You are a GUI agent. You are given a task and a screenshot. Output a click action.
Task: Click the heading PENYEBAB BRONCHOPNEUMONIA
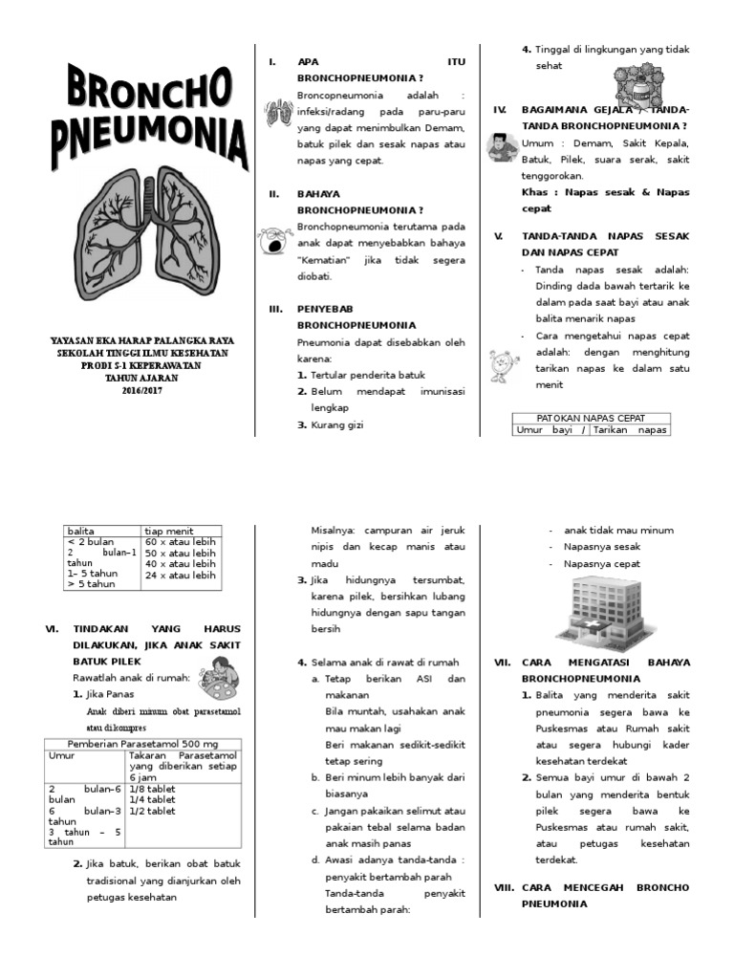click(356, 316)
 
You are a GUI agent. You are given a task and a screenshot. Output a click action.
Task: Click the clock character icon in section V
click(500, 363)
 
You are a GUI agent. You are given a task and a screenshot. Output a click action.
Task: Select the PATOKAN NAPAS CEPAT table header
click(591, 418)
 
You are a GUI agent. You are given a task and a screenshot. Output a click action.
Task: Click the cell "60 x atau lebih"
click(180, 541)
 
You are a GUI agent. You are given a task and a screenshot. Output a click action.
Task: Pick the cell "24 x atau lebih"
click(180, 576)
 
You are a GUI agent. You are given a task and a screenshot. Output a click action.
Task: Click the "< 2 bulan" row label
click(91, 541)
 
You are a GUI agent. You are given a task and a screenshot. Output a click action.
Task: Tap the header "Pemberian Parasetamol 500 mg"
click(142, 743)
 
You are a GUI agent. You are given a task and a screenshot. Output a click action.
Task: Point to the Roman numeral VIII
click(504, 887)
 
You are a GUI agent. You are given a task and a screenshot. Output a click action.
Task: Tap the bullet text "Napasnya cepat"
click(603, 564)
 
